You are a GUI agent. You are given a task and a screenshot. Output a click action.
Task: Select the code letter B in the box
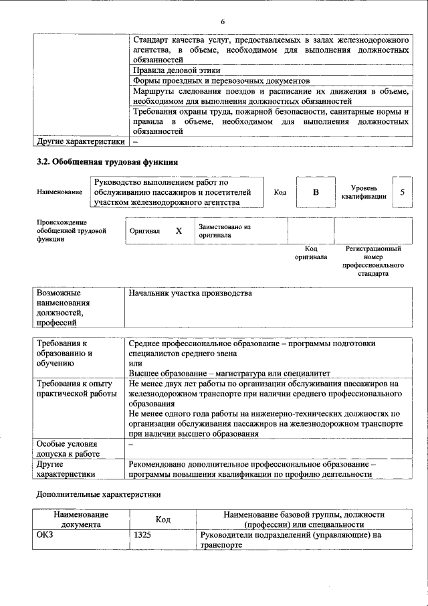click(x=316, y=192)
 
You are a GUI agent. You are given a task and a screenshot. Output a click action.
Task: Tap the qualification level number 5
click(x=402, y=192)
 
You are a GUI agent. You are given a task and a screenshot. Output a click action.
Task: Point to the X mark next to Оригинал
click(x=178, y=231)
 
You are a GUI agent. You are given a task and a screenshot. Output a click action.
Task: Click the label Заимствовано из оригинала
click(x=224, y=231)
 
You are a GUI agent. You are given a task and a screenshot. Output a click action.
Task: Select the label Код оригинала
click(x=311, y=252)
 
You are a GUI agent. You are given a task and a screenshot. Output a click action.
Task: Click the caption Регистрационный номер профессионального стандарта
click(x=372, y=261)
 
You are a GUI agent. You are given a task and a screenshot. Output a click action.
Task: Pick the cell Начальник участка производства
click(x=190, y=293)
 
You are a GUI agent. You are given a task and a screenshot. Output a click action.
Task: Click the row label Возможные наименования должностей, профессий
click(x=63, y=307)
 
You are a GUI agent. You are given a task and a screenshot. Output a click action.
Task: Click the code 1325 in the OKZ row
click(x=143, y=535)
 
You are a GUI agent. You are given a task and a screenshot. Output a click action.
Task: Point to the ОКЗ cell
click(x=44, y=535)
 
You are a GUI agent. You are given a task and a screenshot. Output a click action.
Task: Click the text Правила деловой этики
click(x=176, y=70)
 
